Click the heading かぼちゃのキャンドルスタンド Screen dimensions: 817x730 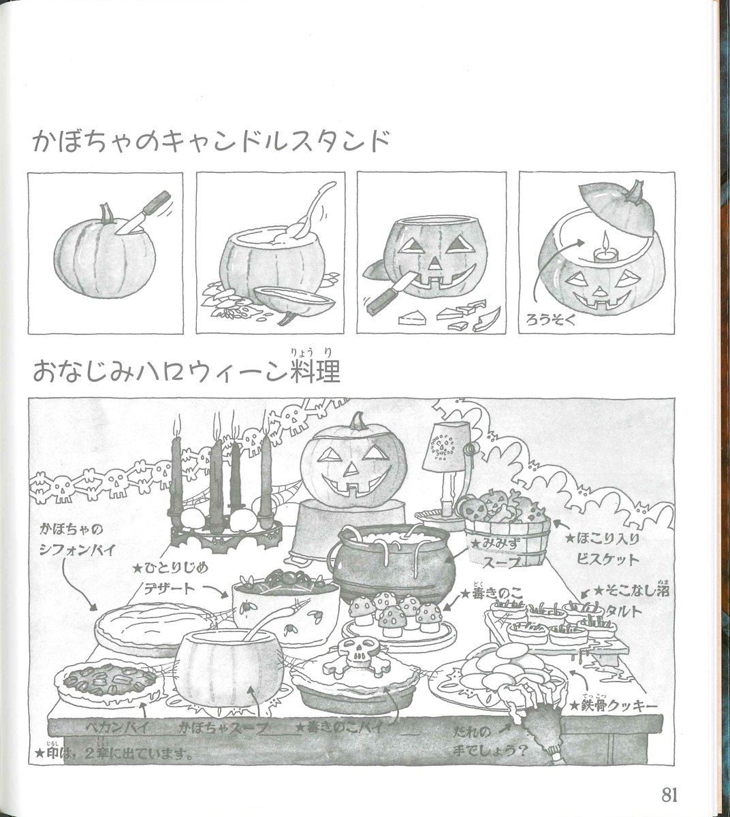pyautogui.click(x=211, y=144)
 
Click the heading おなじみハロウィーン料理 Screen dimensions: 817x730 pyautogui.click(x=186, y=372)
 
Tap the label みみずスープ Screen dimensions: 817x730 pyautogui.click(x=499, y=551)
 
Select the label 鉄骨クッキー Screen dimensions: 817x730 pyautogui.click(x=619, y=706)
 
